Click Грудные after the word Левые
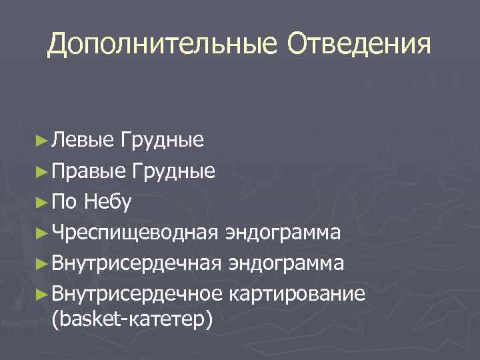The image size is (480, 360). (163, 141)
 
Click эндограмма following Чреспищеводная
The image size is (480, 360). (283, 233)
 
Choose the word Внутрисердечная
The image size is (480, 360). (137, 264)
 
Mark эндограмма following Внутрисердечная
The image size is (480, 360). (286, 264)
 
